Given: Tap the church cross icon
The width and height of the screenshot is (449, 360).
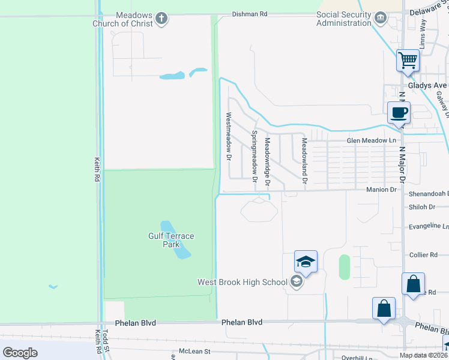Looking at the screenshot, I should pyautogui.click(x=161, y=19).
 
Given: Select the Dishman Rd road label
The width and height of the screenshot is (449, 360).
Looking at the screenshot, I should pyautogui.click(x=250, y=13).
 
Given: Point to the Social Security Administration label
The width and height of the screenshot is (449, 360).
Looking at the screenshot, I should pyautogui.click(x=344, y=19).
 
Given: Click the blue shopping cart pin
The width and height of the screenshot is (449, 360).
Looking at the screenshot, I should pyautogui.click(x=408, y=61).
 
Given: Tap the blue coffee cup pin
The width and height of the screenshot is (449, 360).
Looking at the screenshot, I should pyautogui.click(x=399, y=112).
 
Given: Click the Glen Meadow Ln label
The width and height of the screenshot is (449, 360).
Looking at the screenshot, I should pyautogui.click(x=372, y=140).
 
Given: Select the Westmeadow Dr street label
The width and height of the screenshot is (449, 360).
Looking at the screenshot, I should pyautogui.click(x=228, y=136).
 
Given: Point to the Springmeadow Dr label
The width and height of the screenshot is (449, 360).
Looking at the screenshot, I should pyautogui.click(x=255, y=156).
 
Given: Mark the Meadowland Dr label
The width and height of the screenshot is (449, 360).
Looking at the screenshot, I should pyautogui.click(x=304, y=160).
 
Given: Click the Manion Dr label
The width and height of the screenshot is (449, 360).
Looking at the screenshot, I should pyautogui.click(x=382, y=190).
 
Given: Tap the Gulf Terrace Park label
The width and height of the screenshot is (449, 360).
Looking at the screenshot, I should pyautogui.click(x=171, y=240).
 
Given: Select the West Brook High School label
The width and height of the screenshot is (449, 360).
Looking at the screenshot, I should pyautogui.click(x=243, y=282).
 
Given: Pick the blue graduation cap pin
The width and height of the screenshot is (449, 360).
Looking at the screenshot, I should pyautogui.click(x=306, y=262).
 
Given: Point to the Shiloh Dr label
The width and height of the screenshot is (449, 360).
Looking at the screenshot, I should pyautogui.click(x=422, y=207).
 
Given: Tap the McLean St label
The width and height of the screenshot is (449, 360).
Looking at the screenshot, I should pyautogui.click(x=194, y=352).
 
